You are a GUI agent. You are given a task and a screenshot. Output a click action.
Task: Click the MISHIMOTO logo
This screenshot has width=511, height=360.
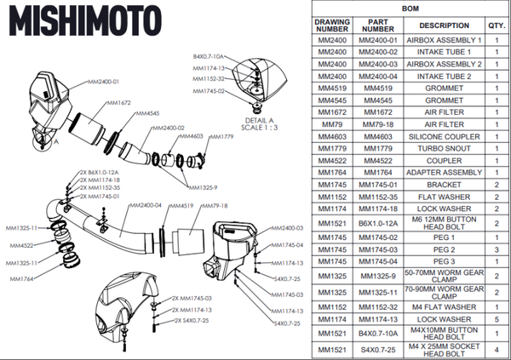point(78,20)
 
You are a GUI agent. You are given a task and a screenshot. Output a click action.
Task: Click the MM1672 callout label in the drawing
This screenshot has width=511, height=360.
point(118,103)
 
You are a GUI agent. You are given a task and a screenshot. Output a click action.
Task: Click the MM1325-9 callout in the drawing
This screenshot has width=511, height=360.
point(202,187)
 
